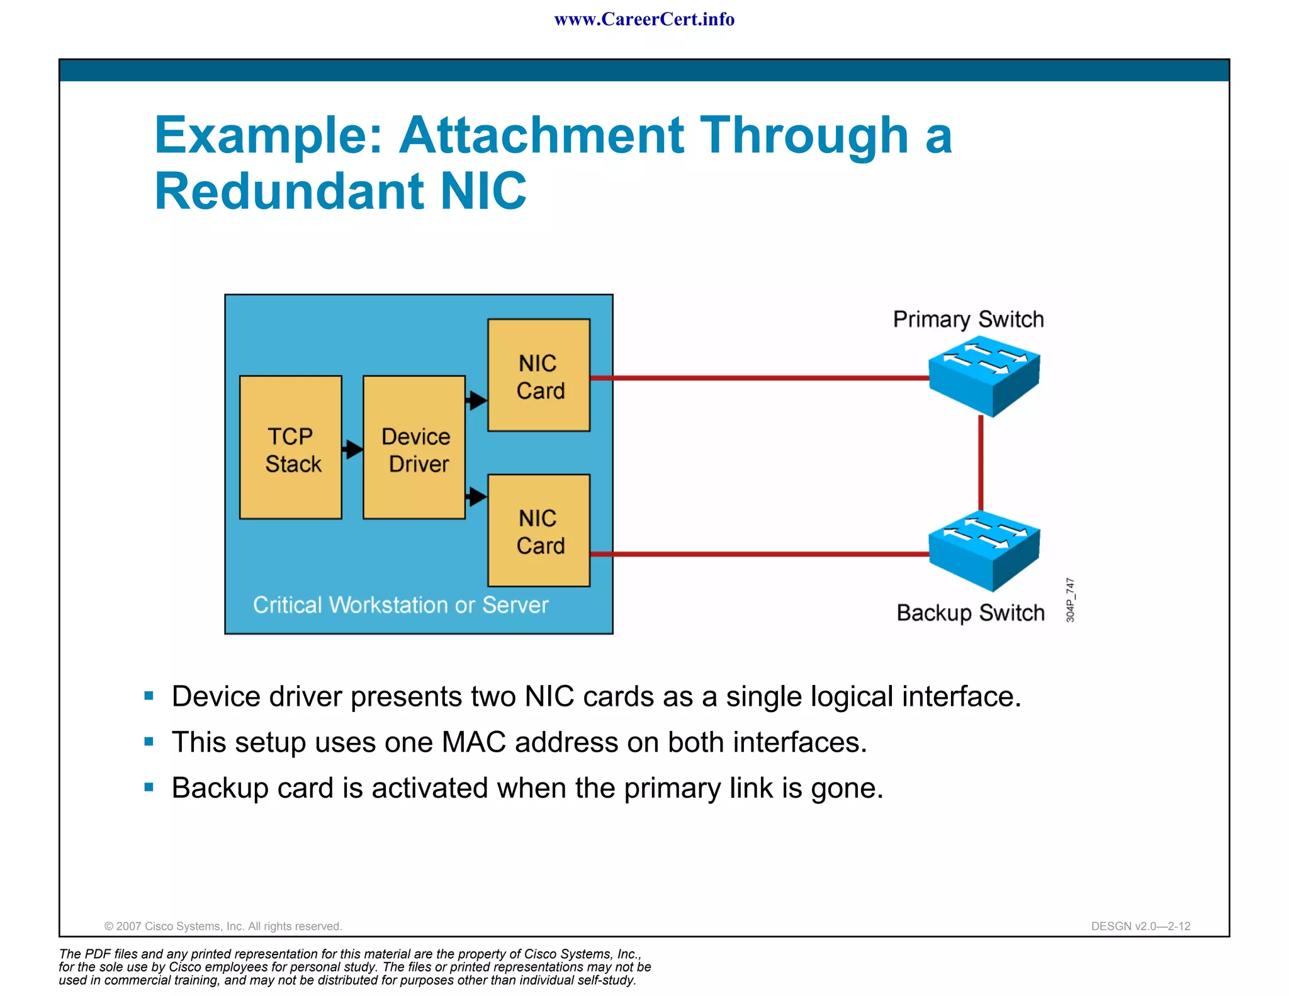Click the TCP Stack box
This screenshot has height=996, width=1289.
(291, 448)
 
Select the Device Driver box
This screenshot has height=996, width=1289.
(414, 448)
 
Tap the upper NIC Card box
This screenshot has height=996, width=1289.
(539, 375)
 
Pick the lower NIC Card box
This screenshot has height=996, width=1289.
(539, 531)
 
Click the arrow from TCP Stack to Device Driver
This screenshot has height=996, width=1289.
(352, 449)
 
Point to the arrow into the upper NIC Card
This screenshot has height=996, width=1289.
(476, 400)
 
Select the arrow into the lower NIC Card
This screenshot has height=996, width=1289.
(476, 497)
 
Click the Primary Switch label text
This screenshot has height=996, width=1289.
(968, 320)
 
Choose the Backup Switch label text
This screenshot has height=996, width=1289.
(970, 613)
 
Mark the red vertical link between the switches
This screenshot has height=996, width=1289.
(981, 463)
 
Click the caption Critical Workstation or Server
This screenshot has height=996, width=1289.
(400, 605)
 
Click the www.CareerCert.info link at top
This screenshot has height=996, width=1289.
(644, 20)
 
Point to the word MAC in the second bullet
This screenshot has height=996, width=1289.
(473, 742)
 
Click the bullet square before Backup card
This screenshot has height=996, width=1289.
(149, 787)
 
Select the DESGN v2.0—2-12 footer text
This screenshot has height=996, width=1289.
(1140, 926)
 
